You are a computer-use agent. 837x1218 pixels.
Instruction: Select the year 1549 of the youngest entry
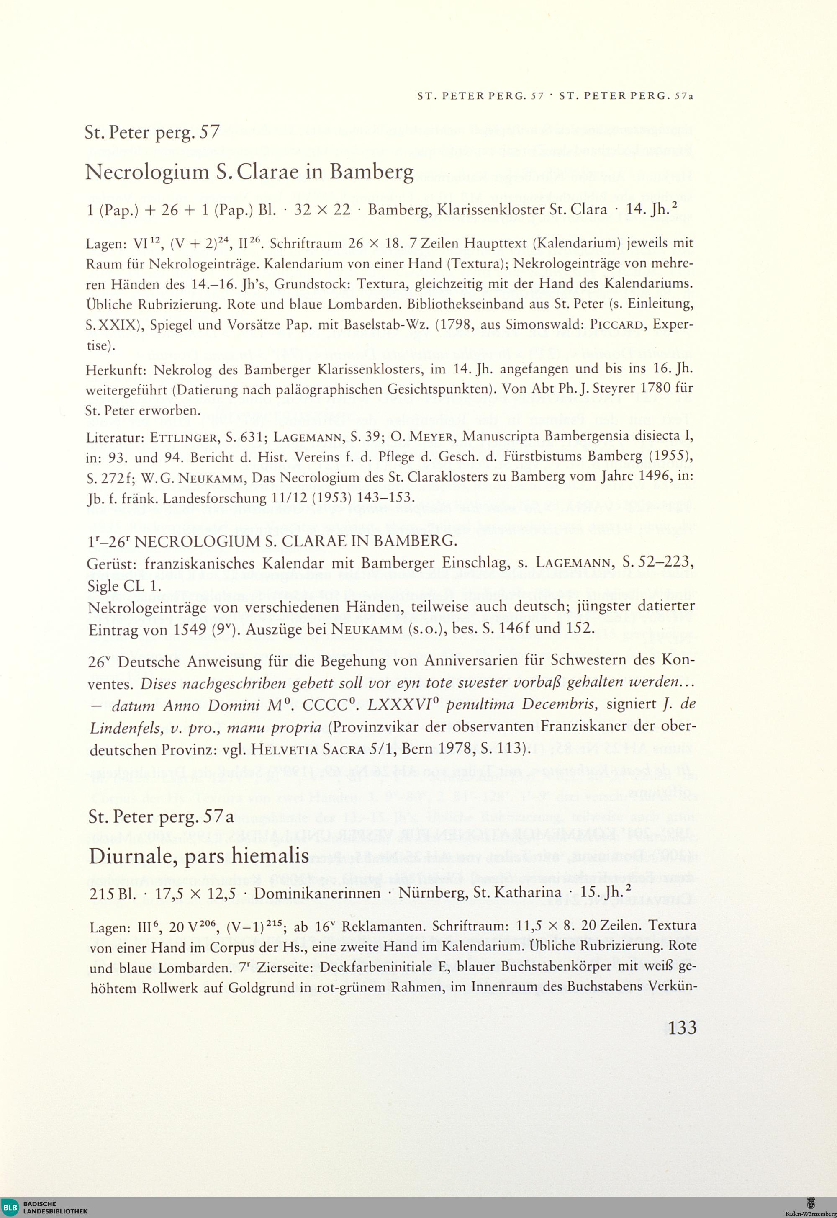[189, 629]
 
